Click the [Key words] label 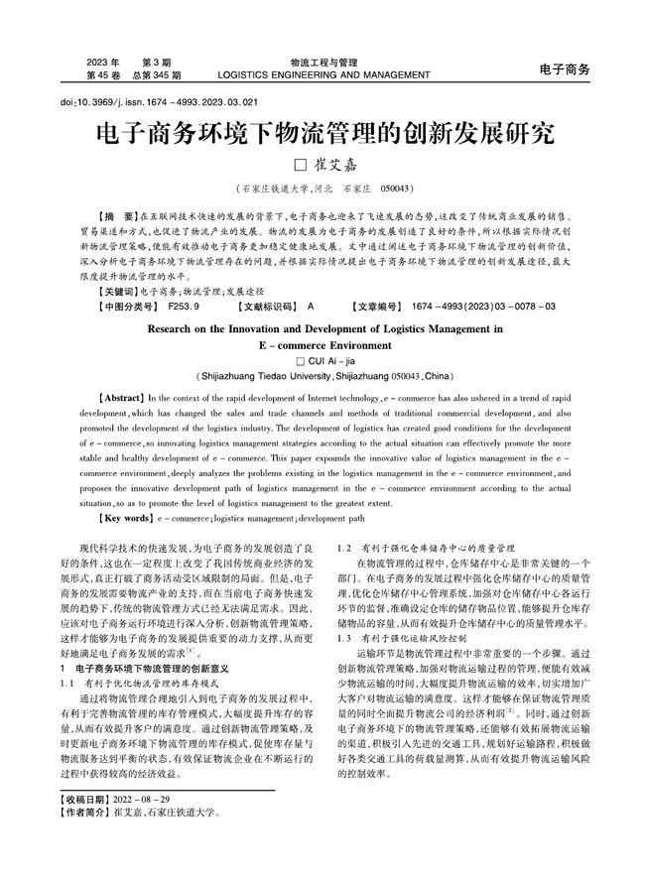coord(118,518)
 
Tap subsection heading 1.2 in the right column coord(426,547)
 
